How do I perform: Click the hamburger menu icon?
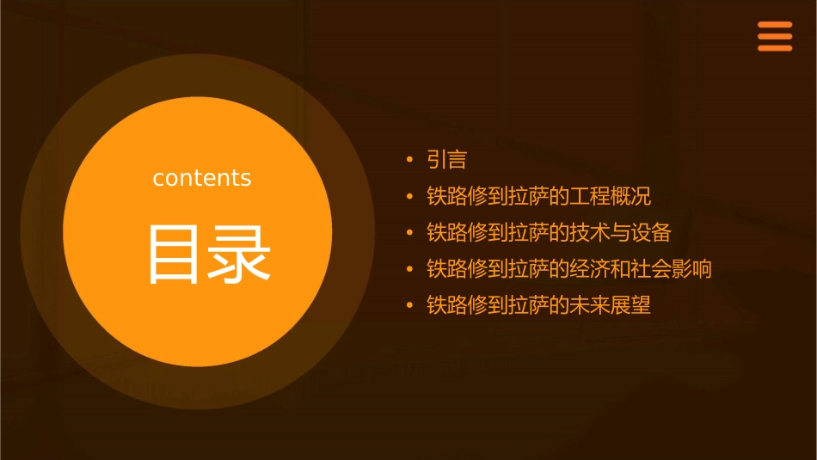774,37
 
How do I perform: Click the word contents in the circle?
202,178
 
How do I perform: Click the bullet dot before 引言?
409,160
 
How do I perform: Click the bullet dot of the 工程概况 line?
409,196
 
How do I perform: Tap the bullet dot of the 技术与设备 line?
409,233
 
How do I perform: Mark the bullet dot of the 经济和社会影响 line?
409,269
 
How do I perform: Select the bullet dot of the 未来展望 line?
409,305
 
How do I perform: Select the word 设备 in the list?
651,232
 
